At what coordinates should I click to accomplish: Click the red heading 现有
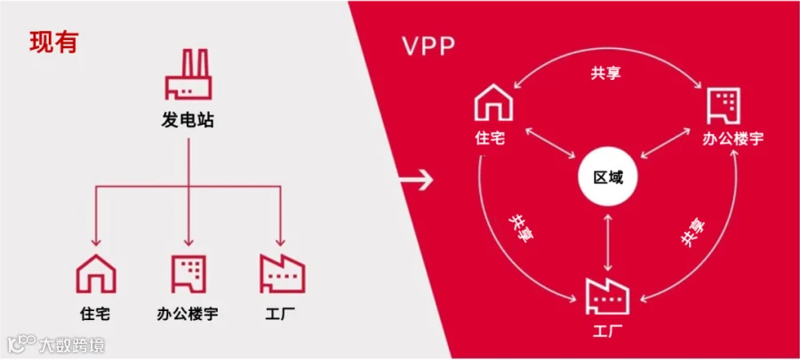(53, 43)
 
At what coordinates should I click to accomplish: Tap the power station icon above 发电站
(188, 76)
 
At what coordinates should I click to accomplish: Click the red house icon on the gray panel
(96, 273)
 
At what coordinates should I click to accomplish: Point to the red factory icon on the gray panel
(282, 273)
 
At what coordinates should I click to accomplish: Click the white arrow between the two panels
(416, 180)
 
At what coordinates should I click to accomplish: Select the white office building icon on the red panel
(722, 105)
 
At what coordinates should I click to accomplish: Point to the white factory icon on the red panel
(608, 294)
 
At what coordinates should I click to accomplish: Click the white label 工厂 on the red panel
(608, 332)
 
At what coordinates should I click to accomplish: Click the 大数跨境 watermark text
(71, 343)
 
